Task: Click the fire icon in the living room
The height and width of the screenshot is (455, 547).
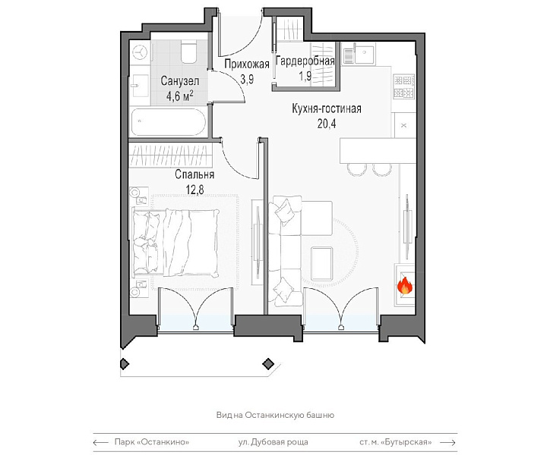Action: click(x=405, y=286)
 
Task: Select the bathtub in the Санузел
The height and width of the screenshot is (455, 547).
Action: click(x=169, y=122)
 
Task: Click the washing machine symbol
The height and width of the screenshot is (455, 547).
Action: click(x=140, y=53)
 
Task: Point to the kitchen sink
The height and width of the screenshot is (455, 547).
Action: click(x=359, y=55)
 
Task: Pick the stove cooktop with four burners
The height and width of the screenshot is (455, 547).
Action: click(x=404, y=86)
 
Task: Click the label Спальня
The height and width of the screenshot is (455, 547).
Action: click(x=194, y=174)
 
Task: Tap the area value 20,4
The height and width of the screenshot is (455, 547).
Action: click(x=327, y=124)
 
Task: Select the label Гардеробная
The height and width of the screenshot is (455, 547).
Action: click(x=305, y=61)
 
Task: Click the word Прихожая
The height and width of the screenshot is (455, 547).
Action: click(x=247, y=64)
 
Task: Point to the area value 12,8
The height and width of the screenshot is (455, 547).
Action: click(x=194, y=190)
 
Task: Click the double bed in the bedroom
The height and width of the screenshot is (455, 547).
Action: click(x=175, y=243)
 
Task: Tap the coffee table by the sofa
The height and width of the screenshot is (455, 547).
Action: click(x=321, y=264)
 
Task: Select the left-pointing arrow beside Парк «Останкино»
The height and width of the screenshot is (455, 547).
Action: click(x=100, y=442)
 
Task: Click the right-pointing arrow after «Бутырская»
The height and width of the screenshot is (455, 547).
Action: click(x=448, y=442)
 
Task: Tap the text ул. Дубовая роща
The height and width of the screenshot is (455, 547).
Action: click(x=273, y=442)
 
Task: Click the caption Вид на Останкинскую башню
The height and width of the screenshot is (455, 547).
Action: click(x=275, y=415)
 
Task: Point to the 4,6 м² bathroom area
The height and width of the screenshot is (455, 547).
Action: click(x=179, y=96)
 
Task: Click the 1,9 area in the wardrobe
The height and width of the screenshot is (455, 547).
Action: click(x=305, y=77)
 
